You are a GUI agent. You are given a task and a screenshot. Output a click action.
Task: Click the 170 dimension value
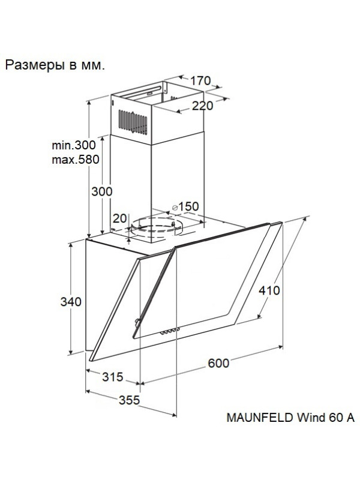[x=200, y=81]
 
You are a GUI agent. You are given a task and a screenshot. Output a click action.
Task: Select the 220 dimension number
[x=202, y=106]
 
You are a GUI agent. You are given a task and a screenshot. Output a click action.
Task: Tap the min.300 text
[x=74, y=145]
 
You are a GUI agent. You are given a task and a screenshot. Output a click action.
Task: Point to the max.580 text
[x=76, y=160]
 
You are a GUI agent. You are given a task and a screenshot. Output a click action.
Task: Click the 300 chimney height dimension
[x=102, y=191]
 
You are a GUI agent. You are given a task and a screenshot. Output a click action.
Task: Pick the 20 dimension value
[x=119, y=218]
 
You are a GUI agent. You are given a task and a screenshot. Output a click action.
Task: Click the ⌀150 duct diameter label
[x=185, y=206]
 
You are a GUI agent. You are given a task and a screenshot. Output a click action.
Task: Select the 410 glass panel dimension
[x=269, y=290]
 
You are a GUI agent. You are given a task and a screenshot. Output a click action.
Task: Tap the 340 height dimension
[x=71, y=302]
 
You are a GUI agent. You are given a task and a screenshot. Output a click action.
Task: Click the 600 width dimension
[x=218, y=363]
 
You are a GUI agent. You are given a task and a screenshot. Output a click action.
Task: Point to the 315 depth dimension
[x=113, y=377]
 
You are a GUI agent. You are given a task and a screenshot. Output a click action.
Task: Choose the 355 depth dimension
[x=129, y=400]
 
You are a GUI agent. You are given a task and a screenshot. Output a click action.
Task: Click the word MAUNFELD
[x=260, y=418]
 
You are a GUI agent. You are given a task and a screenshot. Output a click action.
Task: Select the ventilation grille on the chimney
[x=133, y=122]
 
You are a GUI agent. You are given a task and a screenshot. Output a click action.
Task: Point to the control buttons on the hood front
[x=170, y=332]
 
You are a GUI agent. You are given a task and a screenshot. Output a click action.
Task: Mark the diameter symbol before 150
[x=175, y=208]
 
